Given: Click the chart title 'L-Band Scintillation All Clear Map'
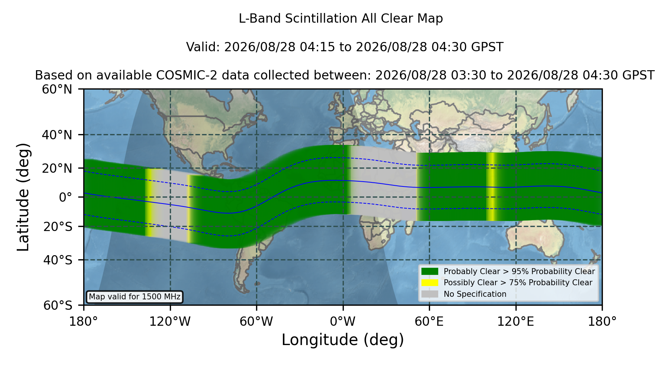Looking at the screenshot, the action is [340, 19].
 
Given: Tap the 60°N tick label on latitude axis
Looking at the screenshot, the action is [57, 90].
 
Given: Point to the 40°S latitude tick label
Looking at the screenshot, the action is [58, 260].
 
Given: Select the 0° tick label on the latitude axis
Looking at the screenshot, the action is [65, 197].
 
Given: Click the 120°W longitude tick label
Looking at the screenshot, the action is [170, 321].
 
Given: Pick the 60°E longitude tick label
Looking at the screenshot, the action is [429, 321].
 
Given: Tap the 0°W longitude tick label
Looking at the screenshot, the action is [343, 321].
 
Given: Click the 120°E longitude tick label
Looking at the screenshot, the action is [516, 321].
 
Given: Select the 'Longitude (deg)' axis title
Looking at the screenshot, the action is [343, 340].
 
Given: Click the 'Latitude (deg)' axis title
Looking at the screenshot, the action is [23, 197].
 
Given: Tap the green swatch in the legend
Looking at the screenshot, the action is [430, 272].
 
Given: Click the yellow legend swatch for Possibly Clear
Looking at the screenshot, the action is [430, 283].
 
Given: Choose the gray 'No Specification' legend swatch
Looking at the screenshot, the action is [430, 294].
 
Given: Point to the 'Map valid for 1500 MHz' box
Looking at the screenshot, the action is [135, 297].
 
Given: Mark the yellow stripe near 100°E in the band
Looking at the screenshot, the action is [491, 186].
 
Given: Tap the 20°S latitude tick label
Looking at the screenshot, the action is [58, 227].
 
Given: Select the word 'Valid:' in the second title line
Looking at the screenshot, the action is [203, 47].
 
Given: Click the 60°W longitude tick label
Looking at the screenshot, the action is [256, 321].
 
